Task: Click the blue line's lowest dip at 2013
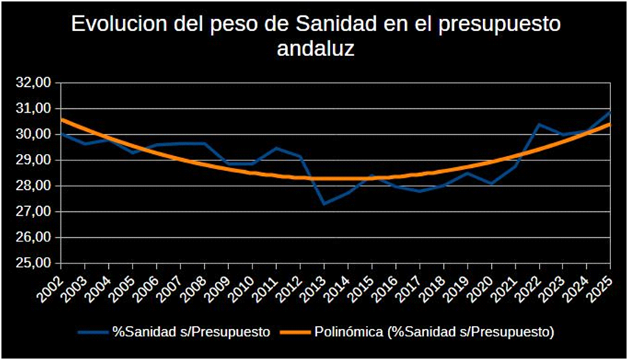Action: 324,203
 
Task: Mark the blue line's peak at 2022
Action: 539,124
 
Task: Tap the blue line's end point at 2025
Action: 610,112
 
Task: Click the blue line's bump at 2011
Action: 276,148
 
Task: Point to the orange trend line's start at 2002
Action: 62,119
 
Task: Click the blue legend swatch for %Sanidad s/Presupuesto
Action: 92,332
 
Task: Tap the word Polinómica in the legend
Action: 346,332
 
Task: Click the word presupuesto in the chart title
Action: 500,25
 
